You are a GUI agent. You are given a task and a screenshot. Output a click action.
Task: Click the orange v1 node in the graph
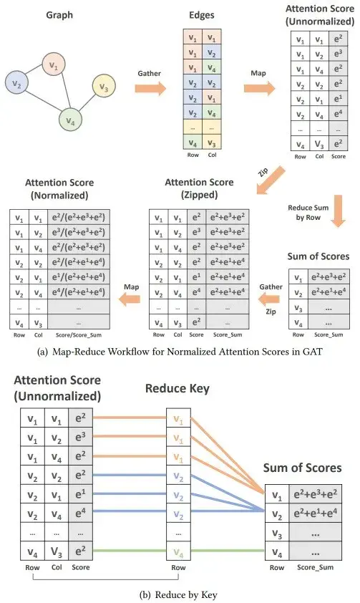[54, 65]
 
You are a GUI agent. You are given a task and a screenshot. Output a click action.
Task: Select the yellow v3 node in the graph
[103, 86]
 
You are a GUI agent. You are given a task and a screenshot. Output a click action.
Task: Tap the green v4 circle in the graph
[71, 120]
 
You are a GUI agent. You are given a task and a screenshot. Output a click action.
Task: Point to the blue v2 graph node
[16, 83]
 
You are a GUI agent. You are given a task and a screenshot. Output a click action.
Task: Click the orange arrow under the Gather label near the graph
[150, 89]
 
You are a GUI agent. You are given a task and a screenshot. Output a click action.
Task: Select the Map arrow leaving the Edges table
[259, 89]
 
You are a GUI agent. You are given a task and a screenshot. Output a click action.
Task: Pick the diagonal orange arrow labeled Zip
[271, 180]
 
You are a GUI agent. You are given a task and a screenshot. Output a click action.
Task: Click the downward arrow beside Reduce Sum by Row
[338, 211]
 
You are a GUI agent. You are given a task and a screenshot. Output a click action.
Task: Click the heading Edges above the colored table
[202, 15]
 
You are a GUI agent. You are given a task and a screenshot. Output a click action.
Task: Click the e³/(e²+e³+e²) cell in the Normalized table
[79, 232]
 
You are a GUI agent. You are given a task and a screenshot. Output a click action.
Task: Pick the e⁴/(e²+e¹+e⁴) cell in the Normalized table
[79, 292]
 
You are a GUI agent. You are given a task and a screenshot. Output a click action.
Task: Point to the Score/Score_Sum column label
[79, 335]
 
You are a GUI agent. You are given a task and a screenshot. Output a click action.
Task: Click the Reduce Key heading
[177, 388]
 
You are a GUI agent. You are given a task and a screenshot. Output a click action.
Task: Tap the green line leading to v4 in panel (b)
[179, 551]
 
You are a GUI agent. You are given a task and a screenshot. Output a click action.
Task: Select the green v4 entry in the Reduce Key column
[178, 552]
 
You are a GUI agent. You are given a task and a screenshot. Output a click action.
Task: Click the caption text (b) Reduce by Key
[178, 594]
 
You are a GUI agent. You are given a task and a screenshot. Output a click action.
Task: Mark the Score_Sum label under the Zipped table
[228, 334]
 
